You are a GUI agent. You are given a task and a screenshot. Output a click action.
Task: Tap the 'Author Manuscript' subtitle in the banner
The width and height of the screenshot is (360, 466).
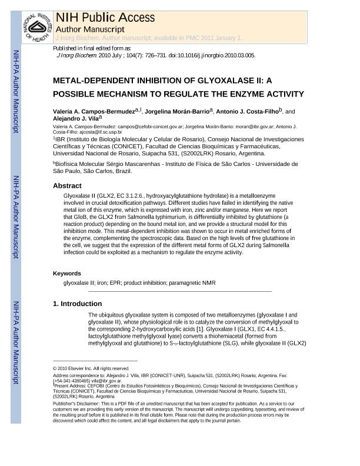click(90, 29)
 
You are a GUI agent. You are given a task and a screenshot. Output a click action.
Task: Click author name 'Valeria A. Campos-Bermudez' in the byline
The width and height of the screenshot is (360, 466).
click(94, 111)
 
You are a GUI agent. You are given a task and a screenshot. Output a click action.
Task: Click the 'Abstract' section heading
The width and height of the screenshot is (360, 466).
click(67, 186)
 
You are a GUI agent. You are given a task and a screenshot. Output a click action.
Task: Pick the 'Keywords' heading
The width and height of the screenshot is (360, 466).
click(67, 274)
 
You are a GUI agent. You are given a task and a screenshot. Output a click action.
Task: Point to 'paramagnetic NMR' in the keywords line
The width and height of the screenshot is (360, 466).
click(192, 283)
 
